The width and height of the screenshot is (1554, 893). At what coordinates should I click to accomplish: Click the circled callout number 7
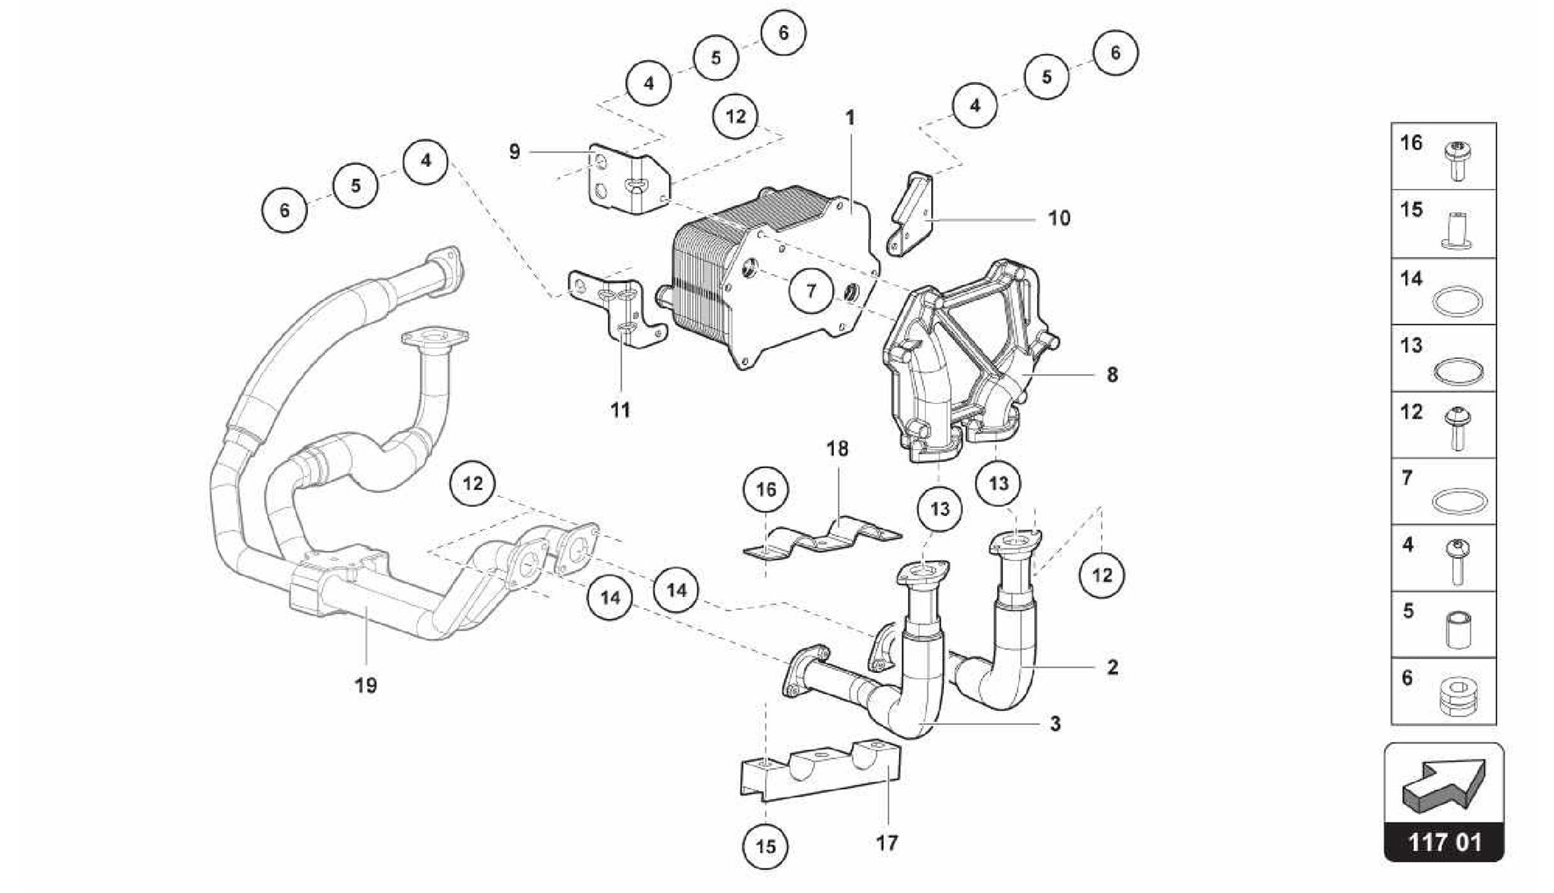pos(811,291)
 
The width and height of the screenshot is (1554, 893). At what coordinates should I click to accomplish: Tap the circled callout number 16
pos(766,489)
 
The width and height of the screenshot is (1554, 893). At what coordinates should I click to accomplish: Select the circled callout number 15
pos(766,845)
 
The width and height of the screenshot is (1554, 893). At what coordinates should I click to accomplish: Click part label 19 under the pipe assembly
pos(366,685)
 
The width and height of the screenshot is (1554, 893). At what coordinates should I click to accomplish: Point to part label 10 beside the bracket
pos(1059,219)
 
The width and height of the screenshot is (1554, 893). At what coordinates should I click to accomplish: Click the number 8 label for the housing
pos(1112,375)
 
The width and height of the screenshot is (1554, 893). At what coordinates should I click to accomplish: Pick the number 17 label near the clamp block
pos(886,842)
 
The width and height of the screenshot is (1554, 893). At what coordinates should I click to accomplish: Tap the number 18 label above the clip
pos(837,448)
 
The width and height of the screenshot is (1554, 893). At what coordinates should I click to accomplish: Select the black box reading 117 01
pos(1443,842)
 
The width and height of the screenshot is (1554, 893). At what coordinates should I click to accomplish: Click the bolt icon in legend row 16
pos(1456,160)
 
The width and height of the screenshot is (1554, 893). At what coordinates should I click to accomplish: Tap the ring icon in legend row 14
pos(1458,302)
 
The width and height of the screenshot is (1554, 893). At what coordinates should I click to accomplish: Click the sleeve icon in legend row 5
pos(1458,630)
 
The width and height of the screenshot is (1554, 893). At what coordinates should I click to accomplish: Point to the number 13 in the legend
pos(1411,346)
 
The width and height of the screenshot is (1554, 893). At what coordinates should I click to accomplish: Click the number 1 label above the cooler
pos(850,118)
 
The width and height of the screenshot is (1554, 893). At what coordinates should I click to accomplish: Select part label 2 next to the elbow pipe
pos(1112,668)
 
